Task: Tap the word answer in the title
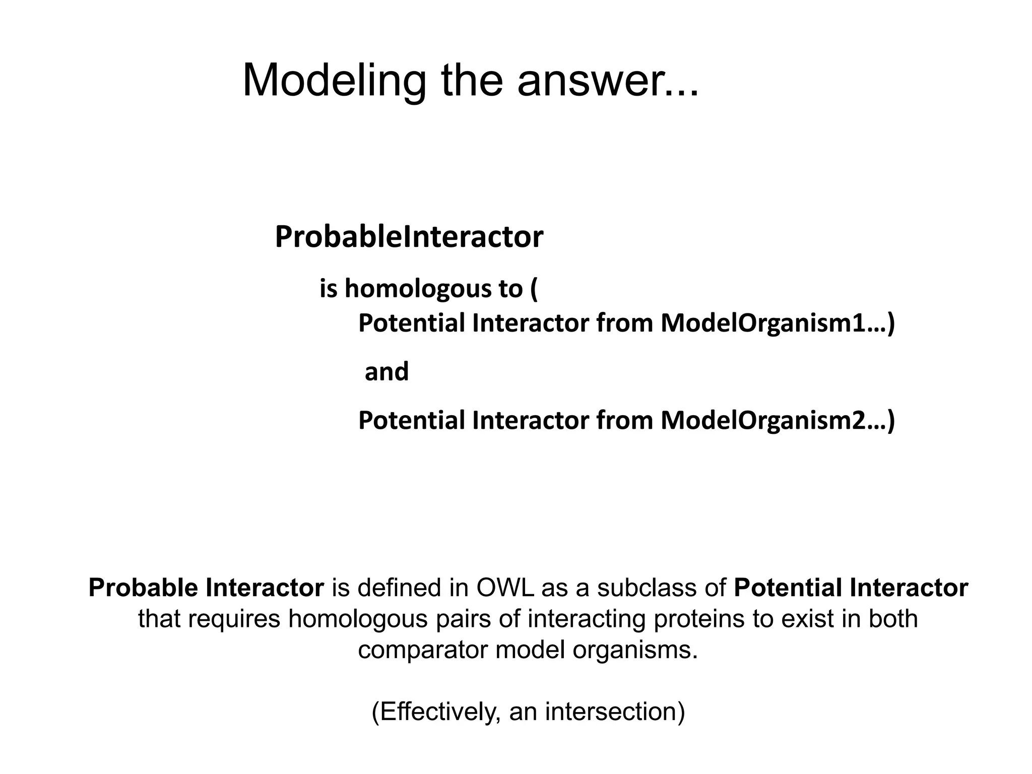click(x=600, y=81)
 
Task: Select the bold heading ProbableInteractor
click(x=409, y=237)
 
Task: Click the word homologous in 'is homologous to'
click(x=418, y=289)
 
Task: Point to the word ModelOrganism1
click(x=771, y=323)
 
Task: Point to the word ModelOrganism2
click(x=771, y=420)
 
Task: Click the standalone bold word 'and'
click(x=386, y=372)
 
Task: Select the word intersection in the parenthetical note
click(x=615, y=712)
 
